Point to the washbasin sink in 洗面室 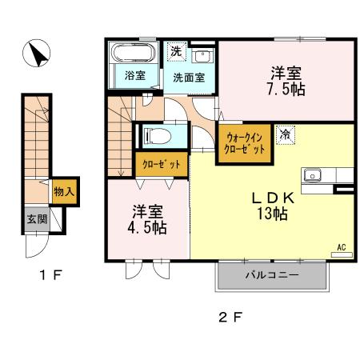(x=203, y=56)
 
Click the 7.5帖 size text (x=286, y=89)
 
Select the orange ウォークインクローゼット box (x=242, y=143)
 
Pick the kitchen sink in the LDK (x=311, y=175)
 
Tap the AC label (x=341, y=248)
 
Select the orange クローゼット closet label (x=161, y=164)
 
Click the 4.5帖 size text (x=149, y=228)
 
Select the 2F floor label (x=230, y=316)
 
